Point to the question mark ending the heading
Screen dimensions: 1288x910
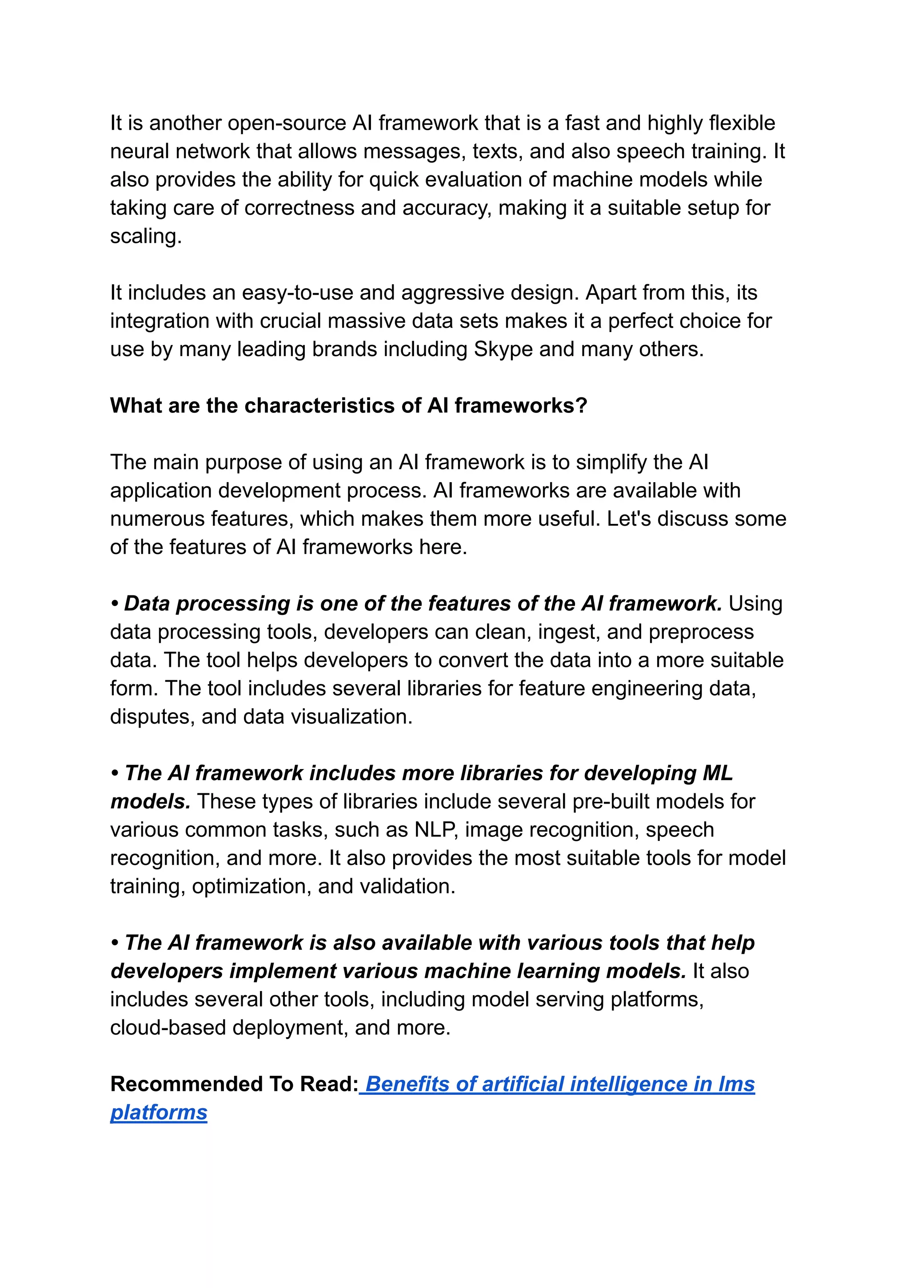pyautogui.click(x=581, y=406)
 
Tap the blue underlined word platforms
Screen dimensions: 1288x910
pyautogui.click(x=159, y=1113)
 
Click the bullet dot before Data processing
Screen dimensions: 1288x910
pyautogui.click(x=115, y=604)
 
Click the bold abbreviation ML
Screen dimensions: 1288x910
pyautogui.click(x=718, y=773)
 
